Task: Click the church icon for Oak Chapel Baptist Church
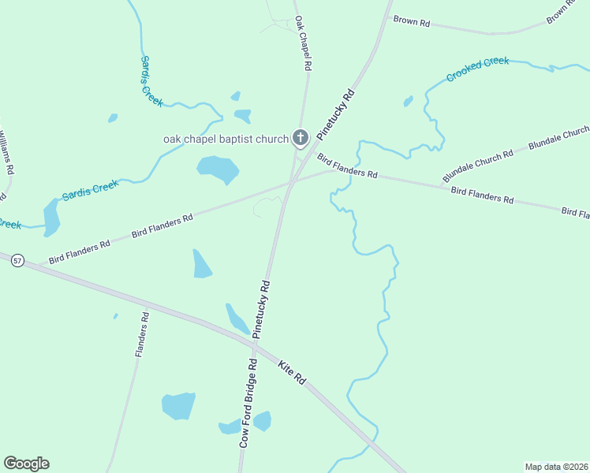point(300,139)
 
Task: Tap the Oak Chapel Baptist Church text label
point(226,140)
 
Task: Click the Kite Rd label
point(292,372)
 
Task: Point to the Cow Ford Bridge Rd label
point(248,403)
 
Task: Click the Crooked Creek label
point(477,69)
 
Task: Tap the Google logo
point(26,464)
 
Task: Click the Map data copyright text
point(557,467)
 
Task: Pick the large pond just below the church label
point(217,168)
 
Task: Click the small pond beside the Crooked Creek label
point(408,101)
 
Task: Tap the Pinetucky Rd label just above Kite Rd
point(261,308)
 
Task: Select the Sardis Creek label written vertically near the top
point(151,80)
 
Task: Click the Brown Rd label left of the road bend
point(411,21)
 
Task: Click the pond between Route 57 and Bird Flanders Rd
point(202,264)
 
